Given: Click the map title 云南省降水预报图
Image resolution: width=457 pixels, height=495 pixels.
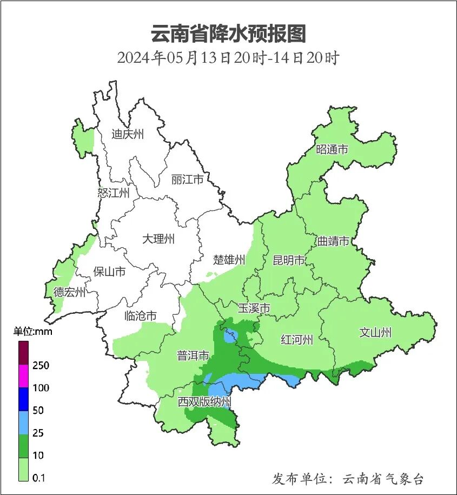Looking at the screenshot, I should [228, 34].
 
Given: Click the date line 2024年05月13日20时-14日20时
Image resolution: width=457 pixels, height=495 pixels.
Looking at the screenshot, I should [228, 57].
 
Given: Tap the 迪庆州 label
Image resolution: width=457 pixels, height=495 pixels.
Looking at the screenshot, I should [128, 134].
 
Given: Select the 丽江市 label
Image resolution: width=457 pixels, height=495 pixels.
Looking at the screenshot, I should [187, 179].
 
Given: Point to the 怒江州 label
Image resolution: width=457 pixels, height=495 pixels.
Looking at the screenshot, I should [114, 193].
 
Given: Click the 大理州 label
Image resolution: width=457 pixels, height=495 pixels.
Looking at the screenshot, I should [158, 239].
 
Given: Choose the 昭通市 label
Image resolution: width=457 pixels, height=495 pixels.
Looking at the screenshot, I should [332, 149].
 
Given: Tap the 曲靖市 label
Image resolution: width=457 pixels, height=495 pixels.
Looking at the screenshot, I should [333, 241].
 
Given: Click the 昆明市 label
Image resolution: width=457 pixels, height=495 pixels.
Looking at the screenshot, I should [289, 260].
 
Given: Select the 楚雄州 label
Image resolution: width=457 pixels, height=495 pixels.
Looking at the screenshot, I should [229, 260].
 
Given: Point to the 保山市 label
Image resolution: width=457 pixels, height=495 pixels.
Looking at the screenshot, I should [109, 271].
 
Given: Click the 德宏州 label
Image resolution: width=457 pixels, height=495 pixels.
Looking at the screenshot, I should [69, 292].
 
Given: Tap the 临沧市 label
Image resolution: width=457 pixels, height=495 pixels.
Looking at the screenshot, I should [141, 315].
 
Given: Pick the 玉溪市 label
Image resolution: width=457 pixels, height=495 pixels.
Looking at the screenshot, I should [254, 308].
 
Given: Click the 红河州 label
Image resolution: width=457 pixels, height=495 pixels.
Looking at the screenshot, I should [297, 340].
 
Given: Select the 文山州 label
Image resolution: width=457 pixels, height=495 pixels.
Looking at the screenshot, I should [375, 332].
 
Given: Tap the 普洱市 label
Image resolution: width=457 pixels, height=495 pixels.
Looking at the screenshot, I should [193, 355].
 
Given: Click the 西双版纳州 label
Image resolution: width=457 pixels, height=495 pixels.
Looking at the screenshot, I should [205, 402].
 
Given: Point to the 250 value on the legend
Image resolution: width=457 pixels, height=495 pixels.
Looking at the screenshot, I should [41, 366].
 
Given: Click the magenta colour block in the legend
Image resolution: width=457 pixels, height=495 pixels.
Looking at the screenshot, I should [23, 377].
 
